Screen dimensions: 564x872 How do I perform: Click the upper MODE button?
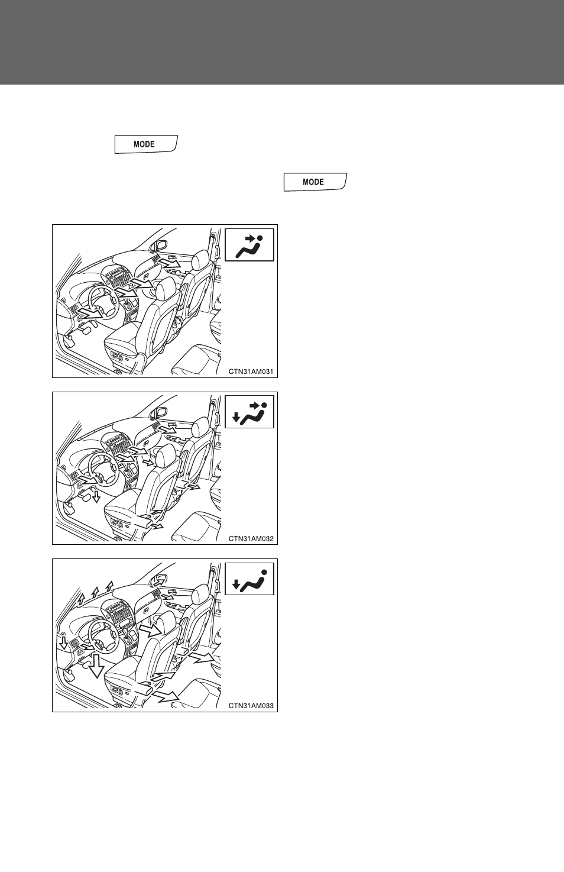[146, 144]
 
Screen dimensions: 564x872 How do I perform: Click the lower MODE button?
[315, 182]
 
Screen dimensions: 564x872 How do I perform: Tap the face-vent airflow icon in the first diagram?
[249, 245]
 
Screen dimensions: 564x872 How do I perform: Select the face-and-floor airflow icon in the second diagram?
[249, 412]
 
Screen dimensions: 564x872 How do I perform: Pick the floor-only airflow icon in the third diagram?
[249, 579]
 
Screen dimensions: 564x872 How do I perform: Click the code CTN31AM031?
[251, 372]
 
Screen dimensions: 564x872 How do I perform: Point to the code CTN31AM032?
[251, 539]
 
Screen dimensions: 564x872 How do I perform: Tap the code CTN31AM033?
[251, 705]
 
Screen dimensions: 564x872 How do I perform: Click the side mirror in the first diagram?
[160, 246]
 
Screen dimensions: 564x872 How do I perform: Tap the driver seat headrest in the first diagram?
[166, 288]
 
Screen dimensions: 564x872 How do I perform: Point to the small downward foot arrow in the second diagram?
[96, 496]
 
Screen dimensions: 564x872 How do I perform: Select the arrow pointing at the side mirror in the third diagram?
[160, 582]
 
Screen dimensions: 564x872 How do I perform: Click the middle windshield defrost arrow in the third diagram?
[95, 592]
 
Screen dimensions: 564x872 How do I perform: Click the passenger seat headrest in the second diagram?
[200, 428]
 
